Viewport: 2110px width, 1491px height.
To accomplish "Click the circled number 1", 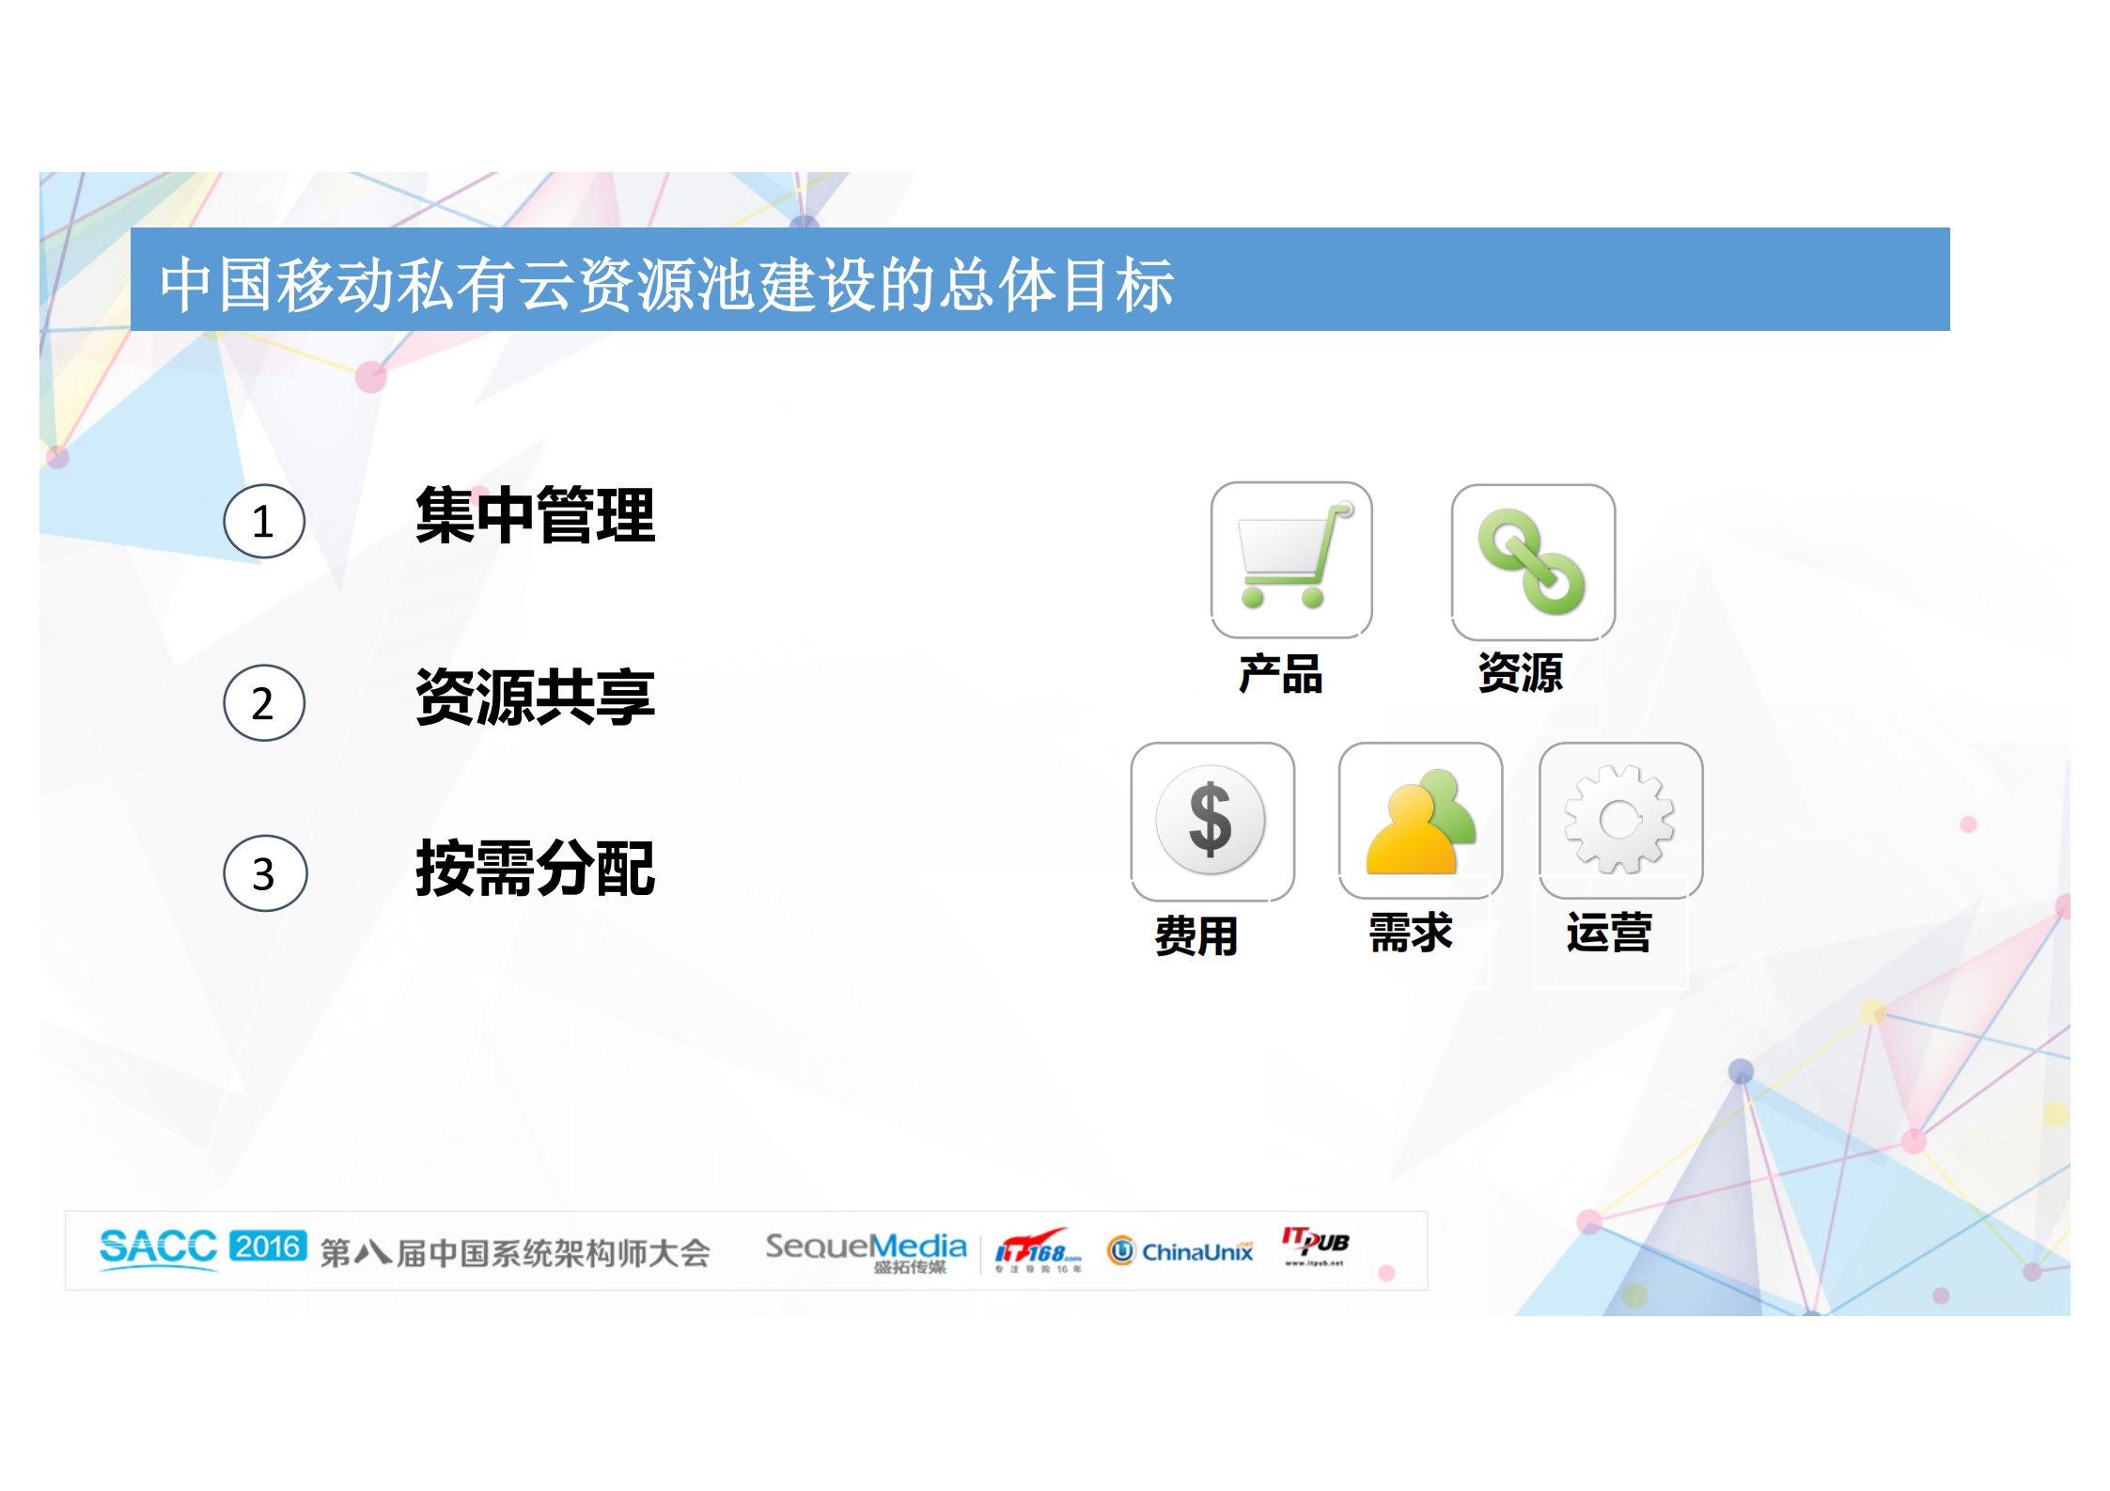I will (264, 521).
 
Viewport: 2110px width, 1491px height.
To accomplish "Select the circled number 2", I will (264, 703).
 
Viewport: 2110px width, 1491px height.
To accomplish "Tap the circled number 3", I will (265, 873).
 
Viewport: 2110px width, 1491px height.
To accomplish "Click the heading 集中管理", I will (535, 515).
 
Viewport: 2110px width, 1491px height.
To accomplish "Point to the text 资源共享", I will (535, 698).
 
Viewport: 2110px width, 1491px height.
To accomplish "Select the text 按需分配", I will (535, 869).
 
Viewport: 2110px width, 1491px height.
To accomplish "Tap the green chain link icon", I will (1532, 561).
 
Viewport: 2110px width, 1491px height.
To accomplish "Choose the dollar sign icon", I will (1211, 820).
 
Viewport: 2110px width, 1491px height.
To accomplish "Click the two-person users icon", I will (1420, 820).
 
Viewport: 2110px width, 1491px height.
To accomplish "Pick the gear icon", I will (1619, 820).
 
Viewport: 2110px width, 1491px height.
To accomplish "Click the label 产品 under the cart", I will (1280, 674).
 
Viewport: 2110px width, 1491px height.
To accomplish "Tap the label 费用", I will (1196, 935).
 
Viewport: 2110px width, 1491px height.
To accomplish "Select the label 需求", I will (1411, 933).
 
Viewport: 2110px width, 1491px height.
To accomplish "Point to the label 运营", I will (1608, 933).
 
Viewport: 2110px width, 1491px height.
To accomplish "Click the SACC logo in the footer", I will (158, 1248).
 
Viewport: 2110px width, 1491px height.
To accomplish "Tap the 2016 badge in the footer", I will (268, 1247).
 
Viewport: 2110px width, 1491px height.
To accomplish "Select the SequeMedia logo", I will (866, 1250).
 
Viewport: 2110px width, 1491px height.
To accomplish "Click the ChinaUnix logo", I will (1180, 1251).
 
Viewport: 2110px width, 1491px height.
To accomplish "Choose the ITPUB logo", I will (1315, 1246).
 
